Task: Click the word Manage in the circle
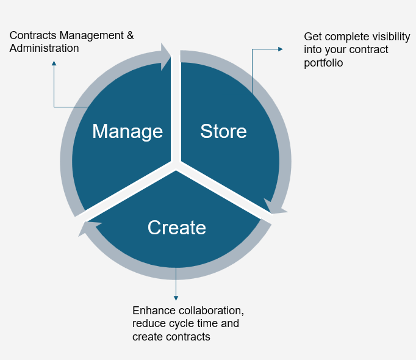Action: (x=127, y=132)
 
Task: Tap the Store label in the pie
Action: (x=223, y=131)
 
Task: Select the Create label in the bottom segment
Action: (x=177, y=228)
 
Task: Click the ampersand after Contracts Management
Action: (x=130, y=35)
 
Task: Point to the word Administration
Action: (x=45, y=48)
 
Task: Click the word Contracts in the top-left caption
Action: (x=33, y=35)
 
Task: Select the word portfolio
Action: (x=323, y=63)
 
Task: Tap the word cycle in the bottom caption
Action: (x=182, y=323)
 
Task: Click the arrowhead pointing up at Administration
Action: (x=54, y=63)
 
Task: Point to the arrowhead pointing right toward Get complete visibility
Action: (x=281, y=49)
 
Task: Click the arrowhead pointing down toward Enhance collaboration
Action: (x=176, y=298)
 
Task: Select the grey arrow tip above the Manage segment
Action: (x=167, y=56)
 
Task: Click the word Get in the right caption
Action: (x=313, y=37)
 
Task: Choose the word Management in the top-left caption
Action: (x=91, y=36)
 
